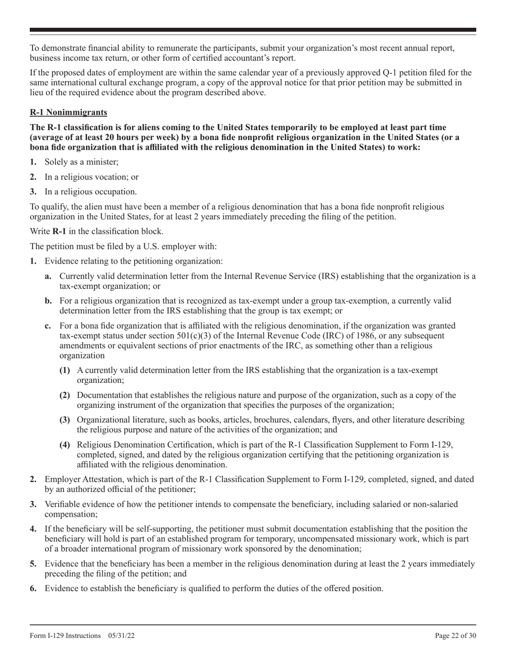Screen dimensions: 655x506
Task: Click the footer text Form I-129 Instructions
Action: tap(65, 635)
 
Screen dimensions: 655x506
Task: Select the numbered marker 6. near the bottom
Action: tap(33, 588)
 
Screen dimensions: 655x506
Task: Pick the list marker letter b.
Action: tap(48, 301)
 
